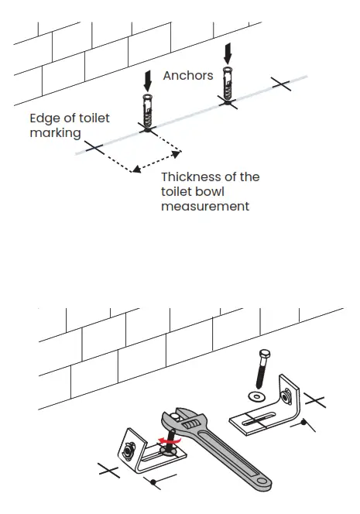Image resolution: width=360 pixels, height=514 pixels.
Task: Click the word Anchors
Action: point(187,76)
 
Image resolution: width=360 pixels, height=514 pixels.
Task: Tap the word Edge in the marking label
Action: point(45,118)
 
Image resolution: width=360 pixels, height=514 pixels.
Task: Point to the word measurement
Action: point(205,207)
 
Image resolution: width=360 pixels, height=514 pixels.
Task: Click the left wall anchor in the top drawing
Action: point(146,113)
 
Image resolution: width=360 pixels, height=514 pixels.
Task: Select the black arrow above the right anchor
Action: point(226,53)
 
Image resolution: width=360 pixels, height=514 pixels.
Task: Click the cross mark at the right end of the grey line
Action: point(281,84)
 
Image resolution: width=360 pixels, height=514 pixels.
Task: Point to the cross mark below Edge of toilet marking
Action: point(94,147)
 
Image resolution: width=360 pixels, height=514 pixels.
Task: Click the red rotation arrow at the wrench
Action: point(164,444)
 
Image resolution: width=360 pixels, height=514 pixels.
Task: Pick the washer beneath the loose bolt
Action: point(255,396)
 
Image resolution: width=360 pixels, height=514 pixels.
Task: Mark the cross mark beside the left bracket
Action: point(108,469)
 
